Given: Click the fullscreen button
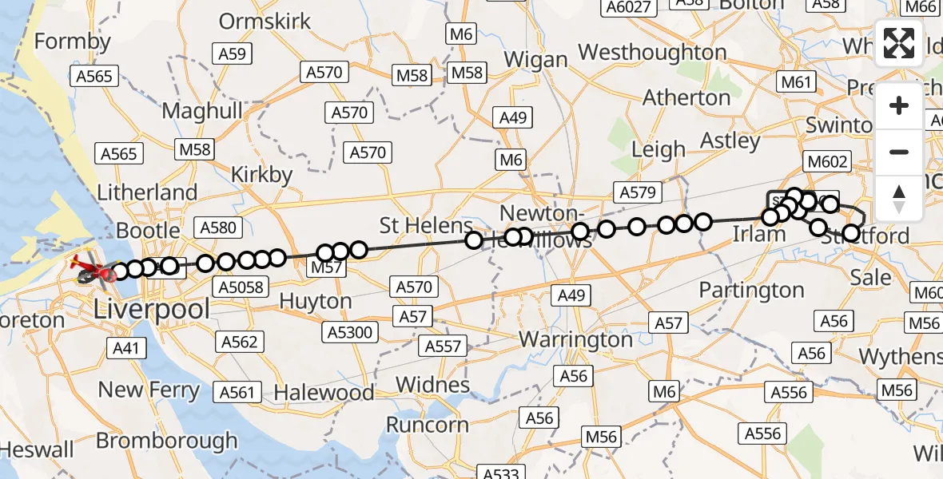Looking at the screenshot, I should [899, 43].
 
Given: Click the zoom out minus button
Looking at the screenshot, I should [899, 152].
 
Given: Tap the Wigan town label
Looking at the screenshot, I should [536, 60].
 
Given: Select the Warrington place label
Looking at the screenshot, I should [575, 339].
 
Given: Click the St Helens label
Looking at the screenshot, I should [426, 225].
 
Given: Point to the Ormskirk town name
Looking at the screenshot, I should [265, 21].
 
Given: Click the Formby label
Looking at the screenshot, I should [73, 42].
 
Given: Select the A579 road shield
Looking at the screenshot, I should [637, 192].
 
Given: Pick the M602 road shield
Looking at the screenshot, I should [827, 162].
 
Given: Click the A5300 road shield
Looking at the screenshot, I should [349, 331].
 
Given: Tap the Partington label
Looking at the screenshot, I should [751, 290].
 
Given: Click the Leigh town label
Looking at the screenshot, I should [659, 149].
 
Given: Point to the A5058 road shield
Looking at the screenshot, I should [241, 286].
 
